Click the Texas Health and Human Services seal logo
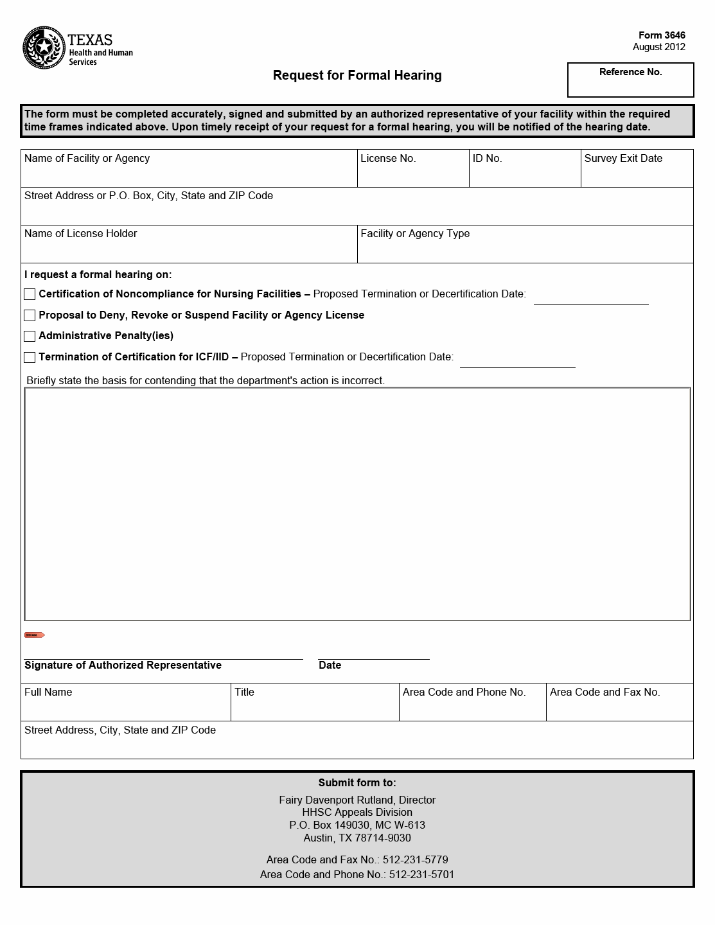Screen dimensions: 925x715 (44, 48)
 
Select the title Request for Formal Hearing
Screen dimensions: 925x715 (357, 75)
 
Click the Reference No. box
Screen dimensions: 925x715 (630, 80)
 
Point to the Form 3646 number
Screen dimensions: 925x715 (662, 35)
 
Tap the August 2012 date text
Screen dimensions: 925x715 (658, 47)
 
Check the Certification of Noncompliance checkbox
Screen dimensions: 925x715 (30, 294)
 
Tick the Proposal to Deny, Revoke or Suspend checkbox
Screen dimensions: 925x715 (30, 315)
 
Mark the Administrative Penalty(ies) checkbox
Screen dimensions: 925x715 (30, 336)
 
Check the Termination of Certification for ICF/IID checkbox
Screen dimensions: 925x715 (30, 357)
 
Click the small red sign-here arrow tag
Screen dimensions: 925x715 (34, 635)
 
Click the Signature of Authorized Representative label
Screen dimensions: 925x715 (123, 665)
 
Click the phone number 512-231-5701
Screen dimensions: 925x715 (421, 874)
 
